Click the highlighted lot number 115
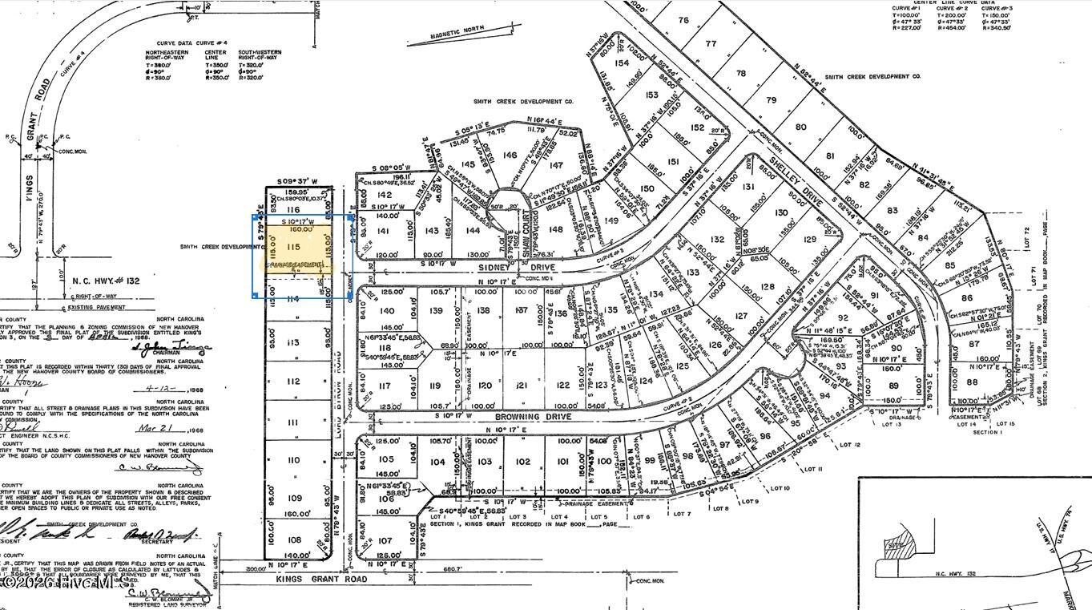point(294,247)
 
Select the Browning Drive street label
point(522,418)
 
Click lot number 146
point(510,156)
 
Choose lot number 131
point(749,187)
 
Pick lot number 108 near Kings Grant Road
point(294,539)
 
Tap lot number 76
point(683,20)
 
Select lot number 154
point(622,63)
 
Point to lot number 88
point(973,382)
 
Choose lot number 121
point(522,386)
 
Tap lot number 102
point(522,462)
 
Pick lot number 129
point(810,239)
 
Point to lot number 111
point(293,422)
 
